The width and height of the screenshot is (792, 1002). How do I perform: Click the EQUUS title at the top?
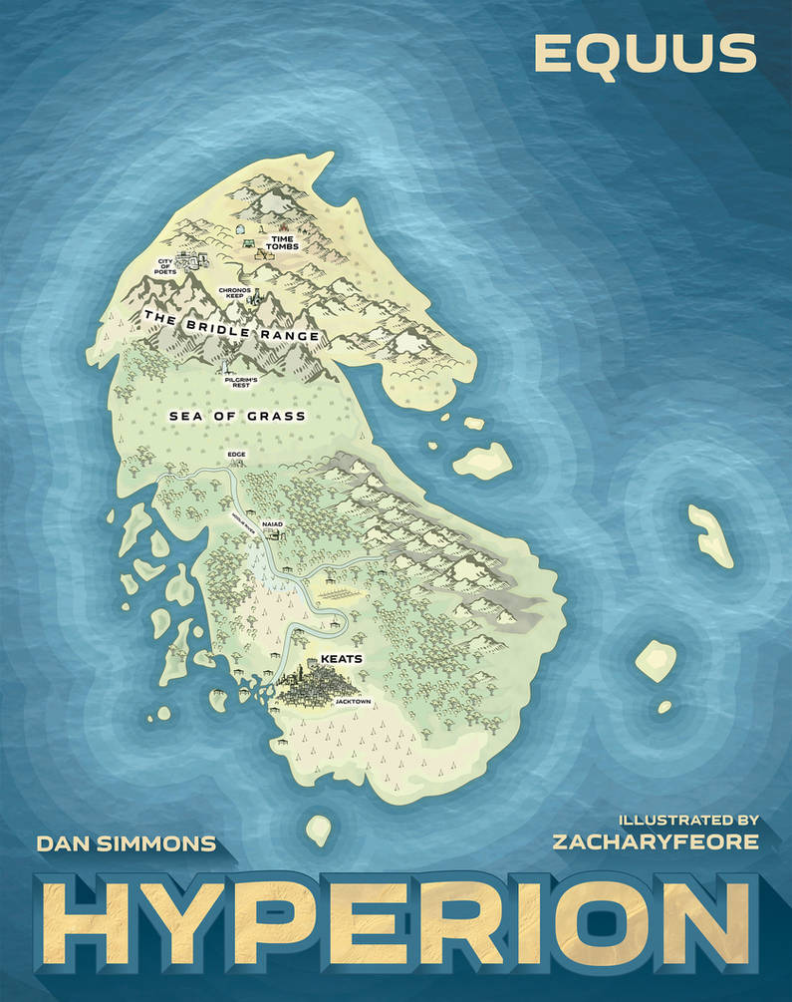644,54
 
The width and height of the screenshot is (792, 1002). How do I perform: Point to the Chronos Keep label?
235,293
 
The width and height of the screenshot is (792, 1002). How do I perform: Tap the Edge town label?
236,455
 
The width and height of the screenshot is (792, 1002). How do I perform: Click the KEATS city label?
338,660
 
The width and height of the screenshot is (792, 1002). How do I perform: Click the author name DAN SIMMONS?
126,843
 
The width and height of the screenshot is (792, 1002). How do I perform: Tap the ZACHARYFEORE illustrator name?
655,841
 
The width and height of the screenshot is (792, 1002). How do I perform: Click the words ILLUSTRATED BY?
687,820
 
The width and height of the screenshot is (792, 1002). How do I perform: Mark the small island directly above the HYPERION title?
318,829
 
